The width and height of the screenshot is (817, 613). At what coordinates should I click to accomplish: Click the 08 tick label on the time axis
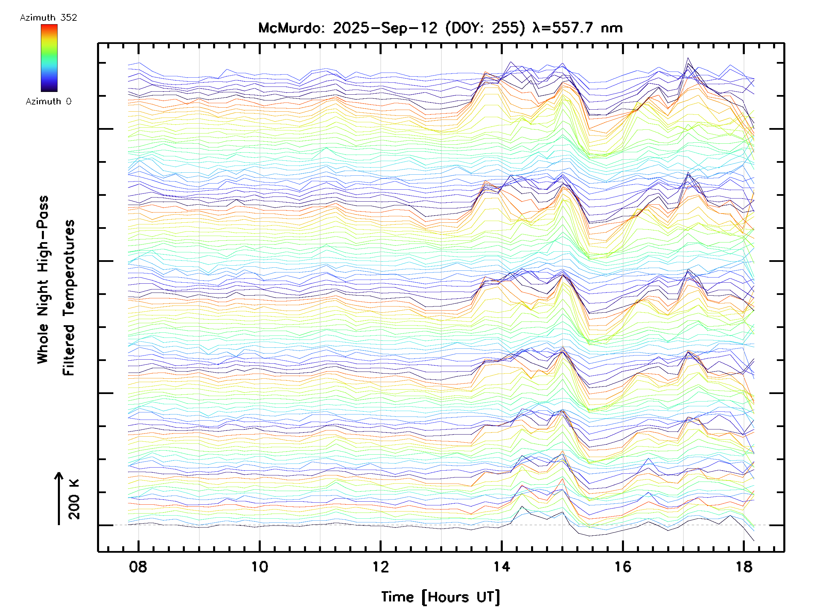point(138,567)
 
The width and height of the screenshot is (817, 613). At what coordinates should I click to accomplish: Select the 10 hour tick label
point(259,567)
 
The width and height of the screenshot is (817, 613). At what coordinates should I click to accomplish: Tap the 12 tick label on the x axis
point(381,567)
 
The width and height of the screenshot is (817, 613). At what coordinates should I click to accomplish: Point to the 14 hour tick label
point(501,567)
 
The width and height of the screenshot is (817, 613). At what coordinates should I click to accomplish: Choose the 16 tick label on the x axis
point(623,567)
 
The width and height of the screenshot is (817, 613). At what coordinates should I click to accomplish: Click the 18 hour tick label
point(744,567)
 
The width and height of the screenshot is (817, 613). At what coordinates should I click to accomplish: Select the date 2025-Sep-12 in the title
point(385,28)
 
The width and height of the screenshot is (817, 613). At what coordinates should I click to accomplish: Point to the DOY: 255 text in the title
point(485,28)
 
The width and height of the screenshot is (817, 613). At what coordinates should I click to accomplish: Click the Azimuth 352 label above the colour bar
point(48,18)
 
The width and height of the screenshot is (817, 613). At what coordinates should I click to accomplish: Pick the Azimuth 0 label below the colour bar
point(48,101)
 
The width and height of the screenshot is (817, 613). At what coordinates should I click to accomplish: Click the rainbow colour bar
point(49,58)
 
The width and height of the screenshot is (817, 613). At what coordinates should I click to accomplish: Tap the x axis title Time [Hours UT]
point(440,597)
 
